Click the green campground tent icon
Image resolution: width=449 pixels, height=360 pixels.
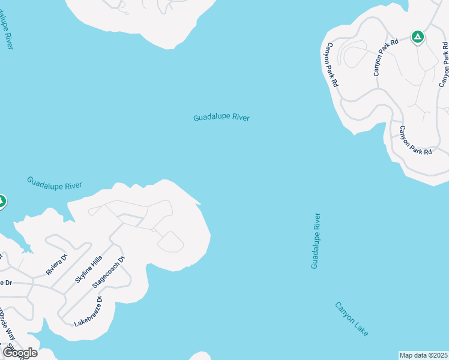(418, 37)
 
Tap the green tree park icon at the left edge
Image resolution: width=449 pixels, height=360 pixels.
(1, 201)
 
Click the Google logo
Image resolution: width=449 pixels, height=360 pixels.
(20, 352)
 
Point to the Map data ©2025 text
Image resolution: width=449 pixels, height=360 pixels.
(423, 355)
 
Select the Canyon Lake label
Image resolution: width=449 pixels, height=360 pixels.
(352, 319)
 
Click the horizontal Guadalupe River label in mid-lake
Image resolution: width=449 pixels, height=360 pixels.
(221, 118)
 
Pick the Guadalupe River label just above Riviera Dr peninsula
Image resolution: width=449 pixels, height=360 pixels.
(54, 183)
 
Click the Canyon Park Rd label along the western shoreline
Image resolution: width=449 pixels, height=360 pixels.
(331, 66)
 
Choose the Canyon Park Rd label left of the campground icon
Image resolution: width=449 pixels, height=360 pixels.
(385, 58)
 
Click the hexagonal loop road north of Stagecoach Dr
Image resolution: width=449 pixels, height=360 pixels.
(170, 242)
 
